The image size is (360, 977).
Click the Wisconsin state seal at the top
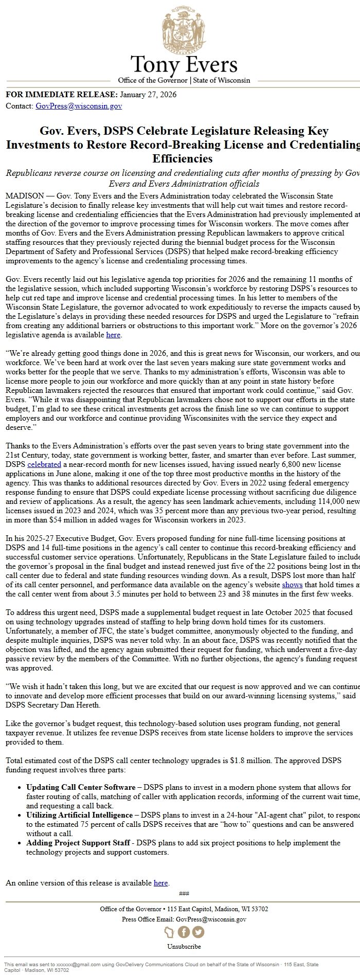coord(184,28)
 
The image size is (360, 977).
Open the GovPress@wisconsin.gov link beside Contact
coord(79,106)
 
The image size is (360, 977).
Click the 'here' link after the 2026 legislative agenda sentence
coord(113,335)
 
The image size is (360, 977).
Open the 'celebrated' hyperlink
coord(44,464)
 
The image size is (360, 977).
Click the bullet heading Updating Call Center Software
coord(80,787)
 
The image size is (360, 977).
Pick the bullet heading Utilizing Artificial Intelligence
coord(79,815)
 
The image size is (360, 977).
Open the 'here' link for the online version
coord(161,883)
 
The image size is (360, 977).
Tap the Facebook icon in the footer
coord(184,932)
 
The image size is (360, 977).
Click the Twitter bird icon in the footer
coord(198,932)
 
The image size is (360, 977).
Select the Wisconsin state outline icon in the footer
coord(169,932)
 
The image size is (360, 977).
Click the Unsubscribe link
coord(184,947)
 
